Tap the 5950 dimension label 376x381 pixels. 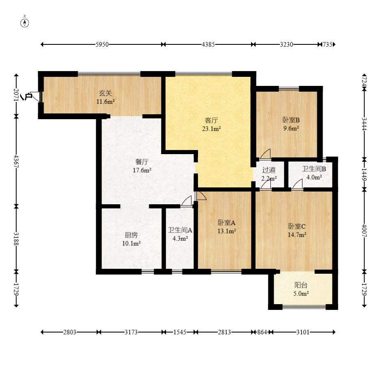point(102,44)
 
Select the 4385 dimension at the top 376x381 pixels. point(208,44)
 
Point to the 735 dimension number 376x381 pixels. point(327,44)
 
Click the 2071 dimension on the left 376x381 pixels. point(16,95)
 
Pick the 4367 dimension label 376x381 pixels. point(16,161)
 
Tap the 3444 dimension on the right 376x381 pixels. point(364,124)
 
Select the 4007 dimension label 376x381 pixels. point(364,230)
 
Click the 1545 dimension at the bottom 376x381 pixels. point(180,332)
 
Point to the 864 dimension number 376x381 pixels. point(262,332)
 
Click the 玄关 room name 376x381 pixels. point(106,93)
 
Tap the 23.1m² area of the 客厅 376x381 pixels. point(211,129)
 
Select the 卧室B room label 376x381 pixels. point(291,120)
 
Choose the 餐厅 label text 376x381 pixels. point(142,162)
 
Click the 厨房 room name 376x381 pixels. point(131,235)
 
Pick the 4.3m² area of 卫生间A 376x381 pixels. point(180,239)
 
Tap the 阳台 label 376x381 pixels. point(301,285)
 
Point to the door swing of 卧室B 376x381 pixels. point(266,154)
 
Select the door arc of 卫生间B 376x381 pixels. point(297,184)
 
